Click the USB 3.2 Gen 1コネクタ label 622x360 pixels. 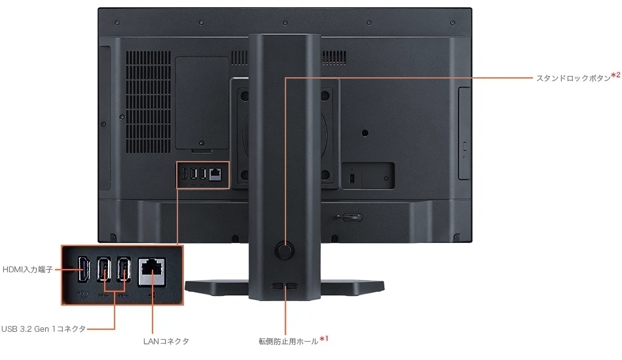(43, 329)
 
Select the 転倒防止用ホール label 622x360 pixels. (288, 341)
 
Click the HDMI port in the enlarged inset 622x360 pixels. (84, 269)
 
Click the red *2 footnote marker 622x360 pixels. (615, 75)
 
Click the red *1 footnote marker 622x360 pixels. (323, 339)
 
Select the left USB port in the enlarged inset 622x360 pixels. (103, 270)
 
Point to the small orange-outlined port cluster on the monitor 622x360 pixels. (202, 175)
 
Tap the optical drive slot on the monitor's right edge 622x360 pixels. (465, 134)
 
